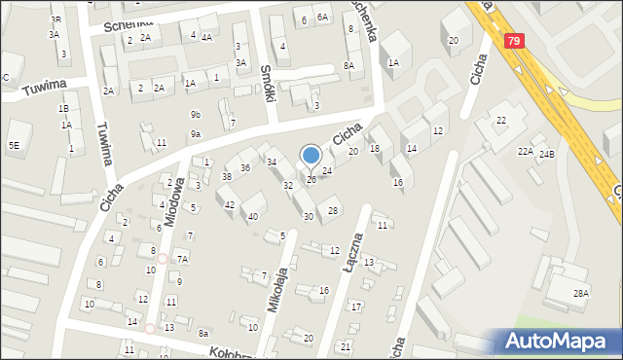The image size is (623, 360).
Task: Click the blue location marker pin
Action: pyautogui.click(x=311, y=156)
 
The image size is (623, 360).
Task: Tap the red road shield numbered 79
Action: pyautogui.click(x=513, y=41)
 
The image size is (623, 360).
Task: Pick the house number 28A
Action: pyautogui.click(x=581, y=293)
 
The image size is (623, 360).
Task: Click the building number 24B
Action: pyautogui.click(x=547, y=154)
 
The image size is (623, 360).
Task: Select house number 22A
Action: pyautogui.click(x=525, y=151)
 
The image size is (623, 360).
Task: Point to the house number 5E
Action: pyautogui.click(x=14, y=145)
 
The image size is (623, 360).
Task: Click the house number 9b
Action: pyautogui.click(x=196, y=114)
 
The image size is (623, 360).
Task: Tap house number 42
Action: pyautogui.click(x=230, y=204)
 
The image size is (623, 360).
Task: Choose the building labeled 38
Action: pyautogui.click(x=226, y=177)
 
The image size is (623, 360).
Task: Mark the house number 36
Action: pyautogui.click(x=245, y=168)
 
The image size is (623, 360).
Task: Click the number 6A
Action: pyautogui.click(x=323, y=18)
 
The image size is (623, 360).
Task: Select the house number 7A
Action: pyautogui.click(x=182, y=259)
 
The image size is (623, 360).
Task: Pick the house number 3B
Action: pyautogui.click(x=55, y=19)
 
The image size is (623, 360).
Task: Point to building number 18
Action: pyautogui.click(x=374, y=148)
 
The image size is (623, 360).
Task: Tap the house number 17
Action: pyautogui.click(x=356, y=306)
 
